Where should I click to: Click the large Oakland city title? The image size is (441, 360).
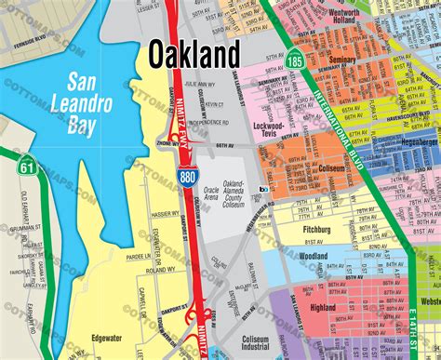(194, 53)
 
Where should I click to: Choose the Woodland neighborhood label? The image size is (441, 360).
(314, 256)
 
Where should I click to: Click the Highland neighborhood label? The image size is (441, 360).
(324, 308)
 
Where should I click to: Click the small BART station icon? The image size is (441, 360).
(263, 188)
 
